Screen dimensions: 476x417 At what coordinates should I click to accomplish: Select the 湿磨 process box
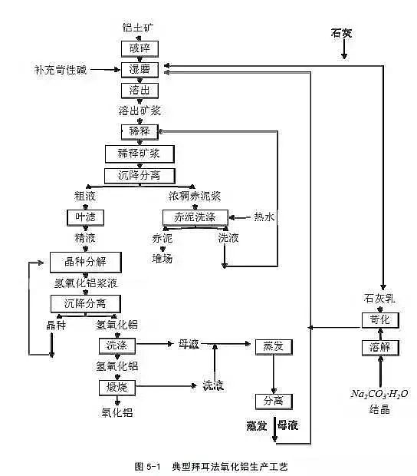pos(139,70)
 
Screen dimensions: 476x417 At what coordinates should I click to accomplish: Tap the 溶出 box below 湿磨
pos(139,90)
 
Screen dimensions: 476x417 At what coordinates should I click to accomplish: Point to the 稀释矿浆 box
pos(139,154)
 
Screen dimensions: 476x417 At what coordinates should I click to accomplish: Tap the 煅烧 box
pos(113,386)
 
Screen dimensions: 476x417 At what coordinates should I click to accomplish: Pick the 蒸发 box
pos(274,347)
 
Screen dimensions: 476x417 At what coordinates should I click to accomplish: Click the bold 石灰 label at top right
pos(344,32)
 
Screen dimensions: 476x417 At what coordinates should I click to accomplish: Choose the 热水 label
pos(265,217)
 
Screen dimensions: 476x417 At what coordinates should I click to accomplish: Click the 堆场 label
pos(163,259)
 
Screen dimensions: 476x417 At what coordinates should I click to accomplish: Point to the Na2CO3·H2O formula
pos(380,394)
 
